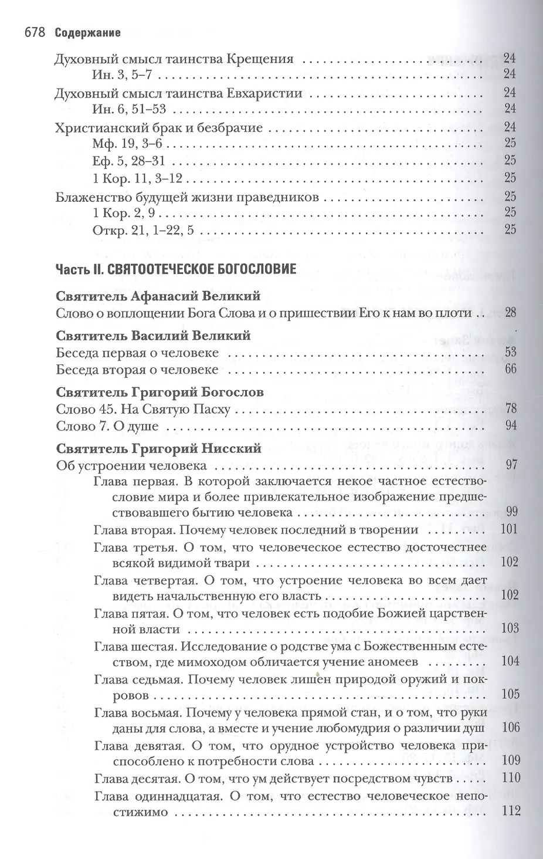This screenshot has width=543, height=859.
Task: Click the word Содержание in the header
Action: click(87, 33)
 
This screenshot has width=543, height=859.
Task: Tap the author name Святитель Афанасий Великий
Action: click(158, 296)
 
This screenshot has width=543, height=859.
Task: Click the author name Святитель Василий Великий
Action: click(154, 336)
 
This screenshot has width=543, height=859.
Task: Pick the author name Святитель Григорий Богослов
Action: click(160, 392)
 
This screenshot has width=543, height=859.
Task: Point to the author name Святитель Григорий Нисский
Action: click(158, 449)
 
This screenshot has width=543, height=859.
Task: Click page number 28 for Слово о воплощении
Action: click(510, 313)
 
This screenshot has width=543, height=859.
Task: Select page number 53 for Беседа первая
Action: click(510, 352)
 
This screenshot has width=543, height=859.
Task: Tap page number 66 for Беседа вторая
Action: click(510, 369)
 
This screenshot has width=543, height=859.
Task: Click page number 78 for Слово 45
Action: click(510, 409)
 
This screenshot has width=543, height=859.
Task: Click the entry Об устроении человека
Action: click(131, 466)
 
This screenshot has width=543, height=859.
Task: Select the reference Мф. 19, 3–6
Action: click(130, 143)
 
